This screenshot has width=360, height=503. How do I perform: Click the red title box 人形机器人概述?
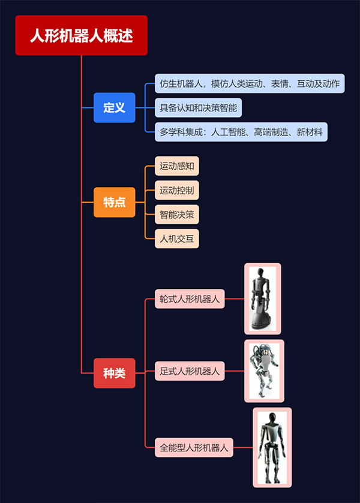(81, 35)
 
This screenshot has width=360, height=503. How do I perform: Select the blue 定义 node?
(114, 108)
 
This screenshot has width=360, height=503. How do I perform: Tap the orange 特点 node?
(114, 202)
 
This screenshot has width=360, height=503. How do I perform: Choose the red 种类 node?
(114, 373)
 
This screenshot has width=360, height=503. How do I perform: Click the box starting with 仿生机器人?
(250, 83)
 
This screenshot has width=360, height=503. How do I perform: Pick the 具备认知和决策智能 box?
(198, 108)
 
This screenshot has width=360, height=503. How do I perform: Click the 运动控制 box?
(176, 191)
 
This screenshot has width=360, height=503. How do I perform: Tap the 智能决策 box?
(176, 215)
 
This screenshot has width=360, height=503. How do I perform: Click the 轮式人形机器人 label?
(190, 299)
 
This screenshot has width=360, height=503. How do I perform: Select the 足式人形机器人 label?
(190, 372)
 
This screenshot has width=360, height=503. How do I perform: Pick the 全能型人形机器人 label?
(194, 447)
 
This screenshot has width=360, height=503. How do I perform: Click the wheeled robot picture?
(262, 299)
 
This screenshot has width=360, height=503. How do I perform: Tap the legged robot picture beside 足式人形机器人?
(264, 371)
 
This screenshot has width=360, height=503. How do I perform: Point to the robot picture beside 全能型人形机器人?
(272, 447)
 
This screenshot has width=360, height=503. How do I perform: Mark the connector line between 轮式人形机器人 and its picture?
(235, 299)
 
